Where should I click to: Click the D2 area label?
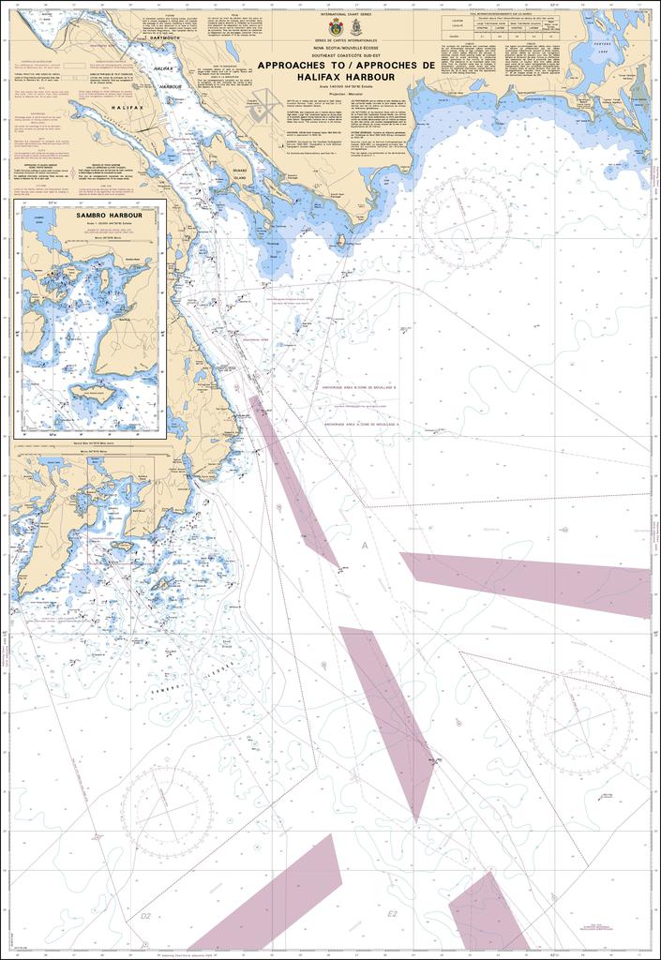tap(145, 915)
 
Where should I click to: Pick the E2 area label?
tap(393, 913)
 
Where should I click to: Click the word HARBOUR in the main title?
tap(365, 77)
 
